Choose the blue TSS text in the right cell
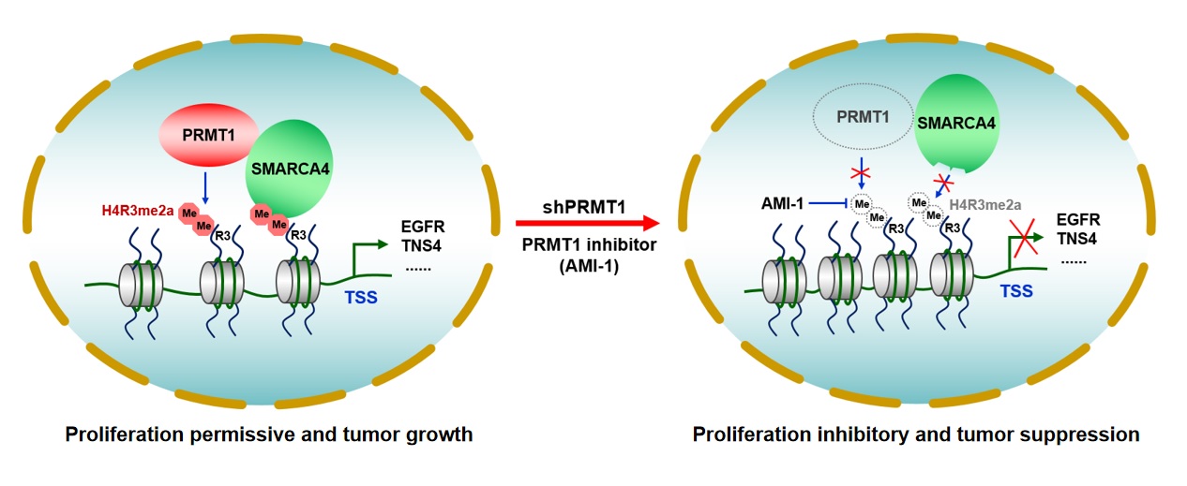point(1016,291)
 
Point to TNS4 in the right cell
point(1077,239)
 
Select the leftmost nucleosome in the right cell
point(785,282)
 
